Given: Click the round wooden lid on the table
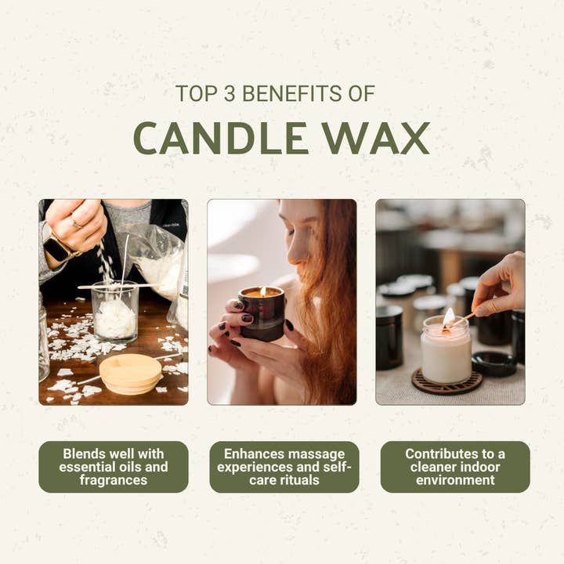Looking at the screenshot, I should pyautogui.click(x=131, y=374).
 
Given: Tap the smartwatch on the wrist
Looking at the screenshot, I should pyautogui.click(x=57, y=248).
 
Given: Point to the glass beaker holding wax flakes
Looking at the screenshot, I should pyautogui.click(x=114, y=311).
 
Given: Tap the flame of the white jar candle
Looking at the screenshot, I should pyautogui.click(x=448, y=316).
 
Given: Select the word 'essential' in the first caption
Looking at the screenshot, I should pyautogui.click(x=85, y=467).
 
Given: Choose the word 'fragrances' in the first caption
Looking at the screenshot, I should pyautogui.click(x=114, y=479).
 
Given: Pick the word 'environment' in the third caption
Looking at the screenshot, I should pyautogui.click(x=455, y=479).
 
